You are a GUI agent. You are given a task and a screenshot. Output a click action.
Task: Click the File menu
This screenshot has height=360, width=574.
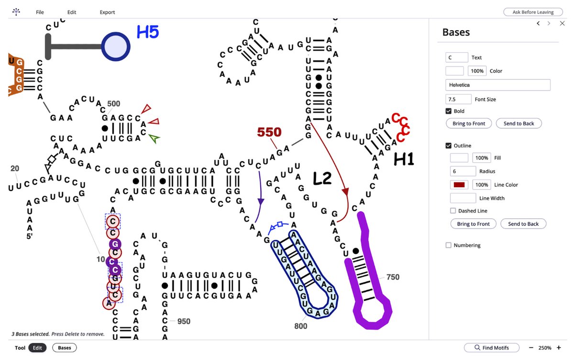tap(40, 12)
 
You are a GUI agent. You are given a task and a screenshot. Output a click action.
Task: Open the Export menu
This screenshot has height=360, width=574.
tap(107, 12)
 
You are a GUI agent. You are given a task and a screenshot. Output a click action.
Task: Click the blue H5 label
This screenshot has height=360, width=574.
tap(148, 32)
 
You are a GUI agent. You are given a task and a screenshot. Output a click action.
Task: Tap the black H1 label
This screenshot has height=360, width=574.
tap(404, 159)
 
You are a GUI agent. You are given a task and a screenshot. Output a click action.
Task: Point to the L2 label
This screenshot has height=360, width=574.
tap(322, 178)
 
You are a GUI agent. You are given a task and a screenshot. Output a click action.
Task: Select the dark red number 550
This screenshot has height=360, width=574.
tap(269, 132)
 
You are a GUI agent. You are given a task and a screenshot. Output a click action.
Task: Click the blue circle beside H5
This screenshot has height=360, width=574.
tap(116, 46)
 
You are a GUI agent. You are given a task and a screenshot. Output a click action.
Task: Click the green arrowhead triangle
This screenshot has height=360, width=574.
tap(154, 138)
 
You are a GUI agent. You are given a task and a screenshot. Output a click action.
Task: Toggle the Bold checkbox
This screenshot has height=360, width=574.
tap(449, 111)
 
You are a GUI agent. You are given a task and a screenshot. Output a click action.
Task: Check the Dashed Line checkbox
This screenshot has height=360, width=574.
tap(453, 211)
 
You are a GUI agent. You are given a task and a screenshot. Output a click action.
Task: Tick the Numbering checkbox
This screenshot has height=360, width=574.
tap(449, 245)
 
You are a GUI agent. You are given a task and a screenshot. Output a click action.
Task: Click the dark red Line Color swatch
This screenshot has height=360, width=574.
tap(459, 185)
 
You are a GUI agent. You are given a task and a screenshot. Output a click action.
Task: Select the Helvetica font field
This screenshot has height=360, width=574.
tap(497, 85)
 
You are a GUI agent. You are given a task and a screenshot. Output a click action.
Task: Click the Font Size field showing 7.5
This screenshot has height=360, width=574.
tap(458, 99)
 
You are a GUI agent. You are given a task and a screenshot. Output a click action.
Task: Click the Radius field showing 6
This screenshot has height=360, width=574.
tap(463, 171)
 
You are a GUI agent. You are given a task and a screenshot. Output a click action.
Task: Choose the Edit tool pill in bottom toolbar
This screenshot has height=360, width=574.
tap(37, 348)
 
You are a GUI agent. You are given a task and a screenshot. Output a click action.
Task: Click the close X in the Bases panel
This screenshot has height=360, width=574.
tap(562, 23)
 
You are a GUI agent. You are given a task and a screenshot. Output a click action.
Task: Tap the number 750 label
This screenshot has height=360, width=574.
tap(393, 277)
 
